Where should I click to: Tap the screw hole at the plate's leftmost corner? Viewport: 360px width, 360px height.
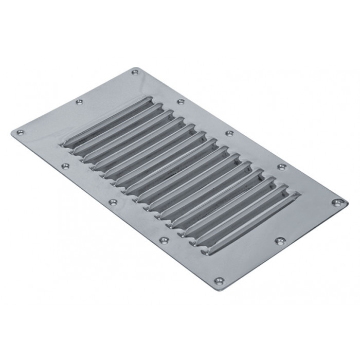(20, 133)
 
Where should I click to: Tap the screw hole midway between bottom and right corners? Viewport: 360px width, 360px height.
(280, 240)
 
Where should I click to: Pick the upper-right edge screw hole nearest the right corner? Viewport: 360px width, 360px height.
(281, 167)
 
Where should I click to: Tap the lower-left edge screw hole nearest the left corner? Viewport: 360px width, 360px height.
(65, 166)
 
